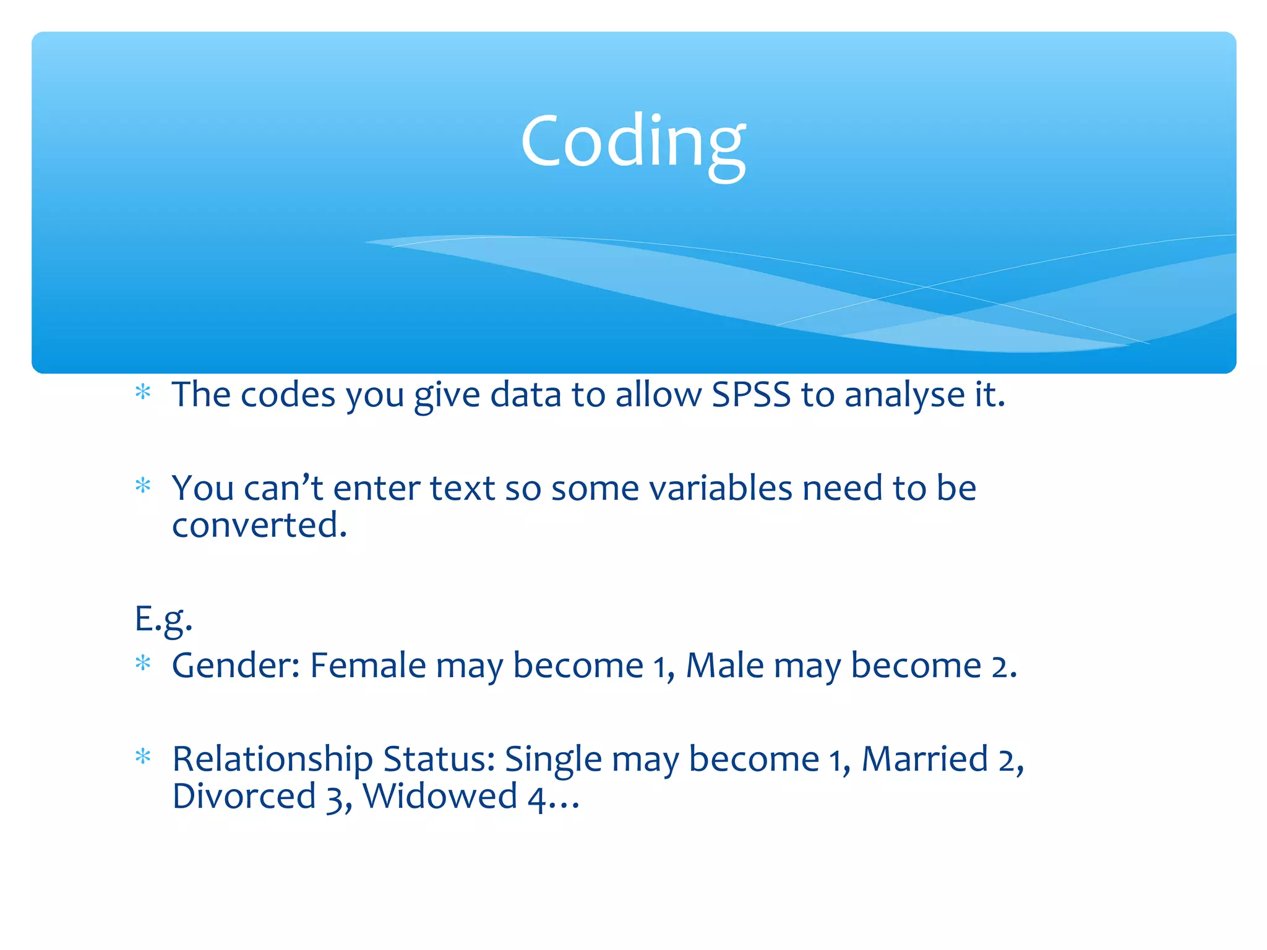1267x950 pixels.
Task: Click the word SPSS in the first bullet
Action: pos(751,395)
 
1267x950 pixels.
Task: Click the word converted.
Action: pos(259,526)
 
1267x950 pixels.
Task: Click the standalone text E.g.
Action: pos(163,619)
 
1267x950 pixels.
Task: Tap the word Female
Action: pos(367,666)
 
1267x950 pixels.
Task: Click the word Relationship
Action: pos(272,760)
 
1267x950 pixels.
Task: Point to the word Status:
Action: pos(439,760)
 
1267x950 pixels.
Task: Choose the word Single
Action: pos(553,760)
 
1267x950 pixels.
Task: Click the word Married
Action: pos(925,760)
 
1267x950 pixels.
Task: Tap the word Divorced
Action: pos(244,797)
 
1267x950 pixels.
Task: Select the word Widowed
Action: pos(440,797)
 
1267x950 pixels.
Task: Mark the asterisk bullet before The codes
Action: pos(143,392)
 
